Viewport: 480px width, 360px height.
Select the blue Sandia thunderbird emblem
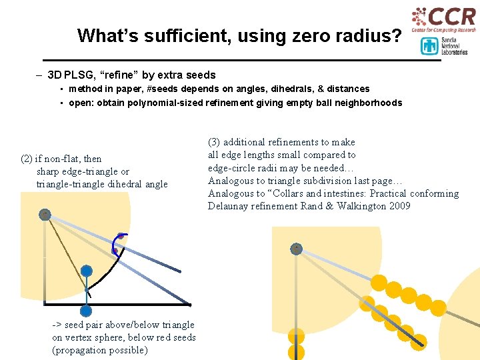click(x=429, y=46)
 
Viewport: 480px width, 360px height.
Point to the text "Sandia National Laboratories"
click(x=453, y=46)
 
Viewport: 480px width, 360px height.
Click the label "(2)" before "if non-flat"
click(x=27, y=159)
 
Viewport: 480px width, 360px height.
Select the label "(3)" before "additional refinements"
click(x=214, y=142)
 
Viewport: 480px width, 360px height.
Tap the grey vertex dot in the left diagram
click(x=45, y=215)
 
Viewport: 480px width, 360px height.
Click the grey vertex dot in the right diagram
click(x=296, y=249)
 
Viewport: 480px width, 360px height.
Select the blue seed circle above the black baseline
click(x=86, y=271)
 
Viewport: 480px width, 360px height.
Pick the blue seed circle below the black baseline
click(x=86, y=310)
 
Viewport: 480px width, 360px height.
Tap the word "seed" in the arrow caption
click(x=77, y=325)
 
